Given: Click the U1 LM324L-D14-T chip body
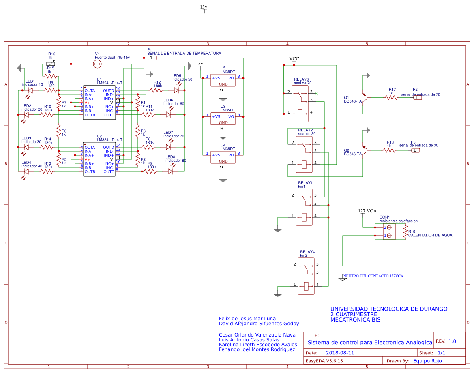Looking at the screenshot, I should click(x=99, y=103).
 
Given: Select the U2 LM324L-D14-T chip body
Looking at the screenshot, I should click(x=99, y=159).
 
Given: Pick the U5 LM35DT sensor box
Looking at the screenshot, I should click(x=223, y=80).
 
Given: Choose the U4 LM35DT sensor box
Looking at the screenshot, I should click(x=223, y=157).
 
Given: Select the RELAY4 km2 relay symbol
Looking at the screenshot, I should click(x=306, y=275).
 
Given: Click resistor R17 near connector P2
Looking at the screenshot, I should click(x=391, y=97).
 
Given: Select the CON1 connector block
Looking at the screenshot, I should click(x=389, y=231).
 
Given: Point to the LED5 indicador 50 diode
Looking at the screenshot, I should click(x=176, y=90).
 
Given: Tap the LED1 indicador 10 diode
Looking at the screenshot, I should click(x=30, y=90).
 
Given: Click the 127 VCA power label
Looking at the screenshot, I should click(x=367, y=211).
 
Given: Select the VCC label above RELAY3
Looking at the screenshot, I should click(x=294, y=59).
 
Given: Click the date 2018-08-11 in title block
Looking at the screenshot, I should click(x=340, y=353).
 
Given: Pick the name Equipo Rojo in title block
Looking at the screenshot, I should click(x=427, y=361).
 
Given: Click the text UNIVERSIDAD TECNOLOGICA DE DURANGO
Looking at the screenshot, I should click(x=388, y=309).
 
